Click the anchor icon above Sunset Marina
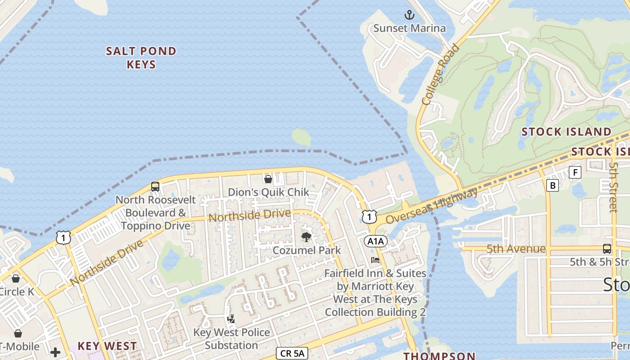coord(409,15)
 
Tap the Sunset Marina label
coord(409,28)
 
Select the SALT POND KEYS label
coord(141,58)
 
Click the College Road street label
coord(441,75)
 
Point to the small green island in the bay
coord(301,137)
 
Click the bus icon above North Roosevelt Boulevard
coord(155,186)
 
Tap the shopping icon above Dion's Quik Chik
coord(268,179)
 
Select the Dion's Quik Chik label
coord(268,192)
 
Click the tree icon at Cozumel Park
coord(306,237)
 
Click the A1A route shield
coord(375,242)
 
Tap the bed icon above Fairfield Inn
coord(375,260)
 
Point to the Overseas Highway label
coord(432,206)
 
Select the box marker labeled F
coord(575,172)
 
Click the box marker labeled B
coord(552,185)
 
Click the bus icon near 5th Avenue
coord(607,248)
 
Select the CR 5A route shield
coord(292,354)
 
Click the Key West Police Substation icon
coord(231,319)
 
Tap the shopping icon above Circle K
coord(16,279)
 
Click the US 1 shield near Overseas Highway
coord(369,216)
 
